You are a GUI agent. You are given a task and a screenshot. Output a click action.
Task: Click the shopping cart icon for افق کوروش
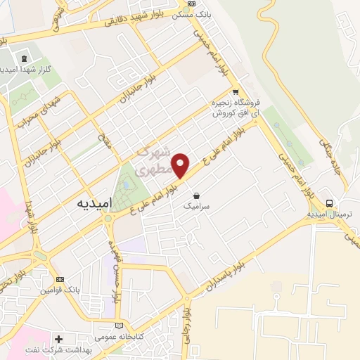coord(236,91)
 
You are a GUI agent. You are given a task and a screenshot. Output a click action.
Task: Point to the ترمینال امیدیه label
coord(328,214)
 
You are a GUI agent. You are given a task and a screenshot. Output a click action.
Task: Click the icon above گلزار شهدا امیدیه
coord(25,58)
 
